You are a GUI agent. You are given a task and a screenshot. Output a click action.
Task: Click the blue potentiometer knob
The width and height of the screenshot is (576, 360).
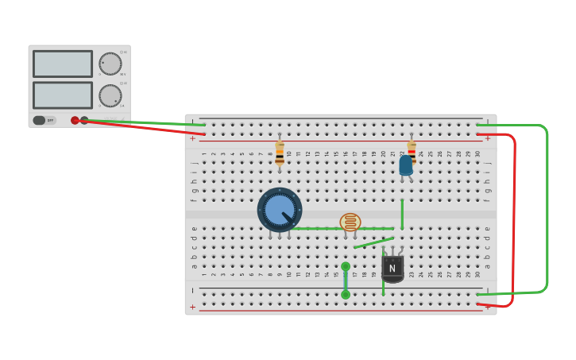coord(279,210)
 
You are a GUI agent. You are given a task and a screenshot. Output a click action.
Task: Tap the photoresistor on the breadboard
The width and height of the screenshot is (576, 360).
coord(350,223)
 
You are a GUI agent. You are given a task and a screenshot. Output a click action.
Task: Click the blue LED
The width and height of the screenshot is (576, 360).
coord(406,165)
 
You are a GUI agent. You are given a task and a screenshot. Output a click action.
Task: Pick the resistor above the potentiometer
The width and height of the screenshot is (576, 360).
coord(280,153)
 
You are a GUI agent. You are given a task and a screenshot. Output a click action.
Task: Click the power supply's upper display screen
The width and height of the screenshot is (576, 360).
coord(63,64)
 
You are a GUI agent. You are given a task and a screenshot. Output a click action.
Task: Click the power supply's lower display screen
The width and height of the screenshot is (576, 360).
coord(63,95)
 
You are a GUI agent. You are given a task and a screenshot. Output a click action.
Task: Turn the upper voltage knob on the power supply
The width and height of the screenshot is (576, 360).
coord(110,64)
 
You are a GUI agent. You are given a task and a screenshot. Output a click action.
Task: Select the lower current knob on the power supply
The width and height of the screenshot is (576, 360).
coord(110,95)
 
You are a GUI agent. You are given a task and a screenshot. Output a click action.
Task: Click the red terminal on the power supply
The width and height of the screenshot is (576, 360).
coord(75,121)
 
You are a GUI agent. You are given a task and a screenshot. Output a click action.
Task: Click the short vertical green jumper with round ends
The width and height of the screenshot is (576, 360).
coord(346,281)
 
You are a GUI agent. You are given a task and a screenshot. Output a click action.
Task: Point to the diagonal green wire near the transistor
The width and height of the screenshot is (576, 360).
coord(373,243)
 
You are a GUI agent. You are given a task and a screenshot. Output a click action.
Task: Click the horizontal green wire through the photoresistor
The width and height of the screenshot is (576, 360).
coord(318,229)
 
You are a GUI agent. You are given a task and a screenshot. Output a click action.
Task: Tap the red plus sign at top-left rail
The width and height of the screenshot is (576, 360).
coord(192,138)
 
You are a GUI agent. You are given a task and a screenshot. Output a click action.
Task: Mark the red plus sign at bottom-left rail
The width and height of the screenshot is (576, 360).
coord(192,307)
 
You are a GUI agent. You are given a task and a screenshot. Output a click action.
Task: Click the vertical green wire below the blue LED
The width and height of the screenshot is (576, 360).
coord(402,213)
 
